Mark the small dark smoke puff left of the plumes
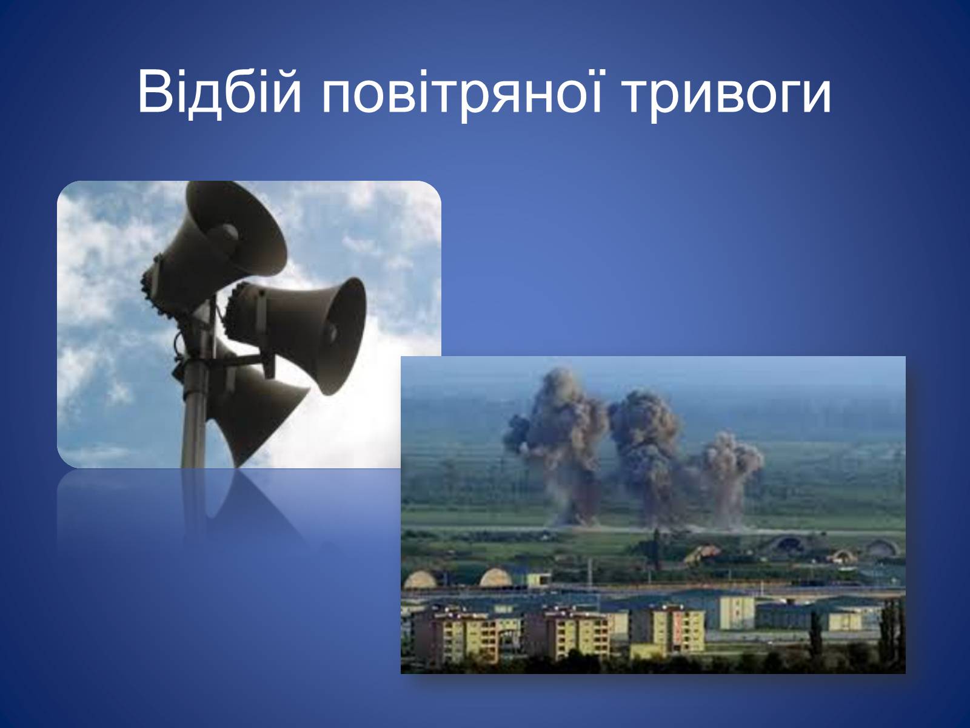tap(518, 429)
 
